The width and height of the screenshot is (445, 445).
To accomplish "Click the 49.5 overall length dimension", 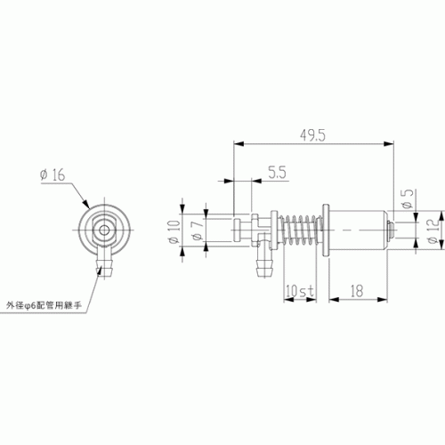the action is coord(312,135).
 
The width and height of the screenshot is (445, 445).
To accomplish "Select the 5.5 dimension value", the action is coord(278,173).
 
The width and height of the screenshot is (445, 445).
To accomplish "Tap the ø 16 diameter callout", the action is coord(53,174).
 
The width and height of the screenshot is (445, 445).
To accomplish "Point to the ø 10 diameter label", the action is coord(174,231).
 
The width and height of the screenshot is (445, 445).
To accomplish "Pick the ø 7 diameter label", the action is coord(198,230).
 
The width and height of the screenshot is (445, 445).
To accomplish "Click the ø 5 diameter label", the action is coord(408,198).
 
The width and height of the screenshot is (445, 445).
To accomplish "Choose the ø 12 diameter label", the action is coord(433,231).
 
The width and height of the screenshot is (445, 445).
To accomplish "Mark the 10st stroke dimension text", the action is coord(300,291).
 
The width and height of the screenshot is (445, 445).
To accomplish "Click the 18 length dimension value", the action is coord(357,291).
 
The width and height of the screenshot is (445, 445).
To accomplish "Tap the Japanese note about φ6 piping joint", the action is coord(44,305).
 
